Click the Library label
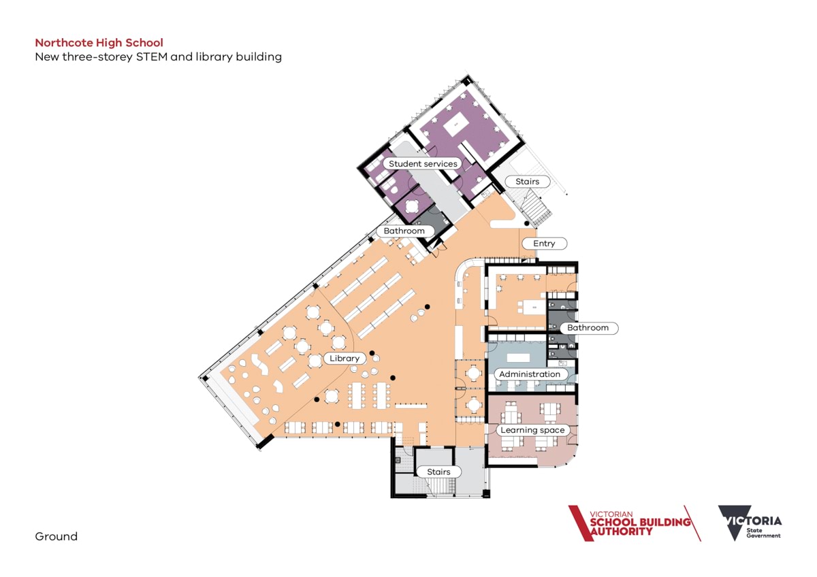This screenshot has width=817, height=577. pyautogui.click(x=345, y=359)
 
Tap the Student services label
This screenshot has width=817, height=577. pyautogui.click(x=423, y=164)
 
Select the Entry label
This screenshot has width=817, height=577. pyautogui.click(x=544, y=244)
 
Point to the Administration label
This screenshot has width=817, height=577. pyautogui.click(x=530, y=374)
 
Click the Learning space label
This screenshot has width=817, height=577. pyautogui.click(x=532, y=430)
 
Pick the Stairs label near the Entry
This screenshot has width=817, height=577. pyautogui.click(x=528, y=182)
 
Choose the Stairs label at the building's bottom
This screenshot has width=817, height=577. pyautogui.click(x=438, y=472)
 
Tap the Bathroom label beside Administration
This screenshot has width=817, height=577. pyautogui.click(x=588, y=328)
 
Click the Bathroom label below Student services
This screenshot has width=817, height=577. pyautogui.click(x=404, y=231)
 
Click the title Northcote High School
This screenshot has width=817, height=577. pyautogui.click(x=99, y=43)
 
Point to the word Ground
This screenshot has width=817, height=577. pyautogui.click(x=56, y=536)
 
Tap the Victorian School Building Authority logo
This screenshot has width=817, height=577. pyautogui.click(x=635, y=523)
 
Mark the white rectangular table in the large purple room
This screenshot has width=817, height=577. pyautogui.click(x=455, y=125)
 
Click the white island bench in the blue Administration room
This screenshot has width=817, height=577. pyautogui.click(x=518, y=357)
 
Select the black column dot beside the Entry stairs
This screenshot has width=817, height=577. pyautogui.click(x=527, y=223)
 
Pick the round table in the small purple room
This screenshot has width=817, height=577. pyautogui.click(x=412, y=206)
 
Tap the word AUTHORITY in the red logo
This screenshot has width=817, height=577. pyautogui.click(x=621, y=531)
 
